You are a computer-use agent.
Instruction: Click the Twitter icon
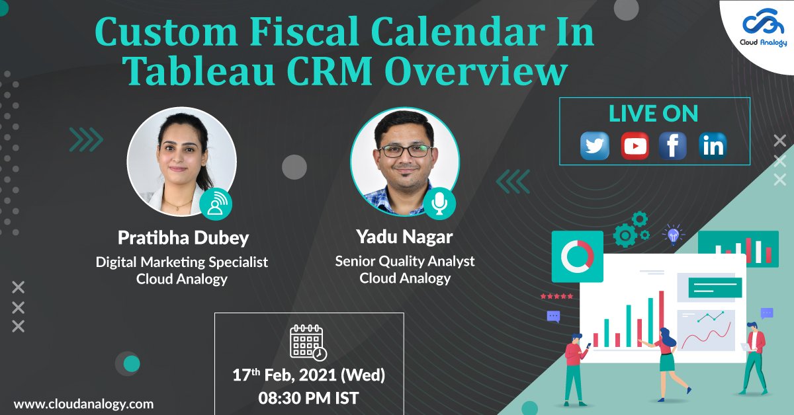pos(595,145)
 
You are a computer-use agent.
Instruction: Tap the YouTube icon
pos(635,145)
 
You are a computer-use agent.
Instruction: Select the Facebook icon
pos(673,145)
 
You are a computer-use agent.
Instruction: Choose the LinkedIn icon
pos(713,145)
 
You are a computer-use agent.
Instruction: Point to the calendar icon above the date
pos(308,342)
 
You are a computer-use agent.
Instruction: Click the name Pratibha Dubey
pos(183,238)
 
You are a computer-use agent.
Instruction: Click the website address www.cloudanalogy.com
pos(83,403)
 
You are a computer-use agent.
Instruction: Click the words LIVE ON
pos(653,113)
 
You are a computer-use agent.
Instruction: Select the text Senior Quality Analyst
pos(404,261)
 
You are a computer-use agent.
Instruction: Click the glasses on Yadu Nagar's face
pos(405,151)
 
